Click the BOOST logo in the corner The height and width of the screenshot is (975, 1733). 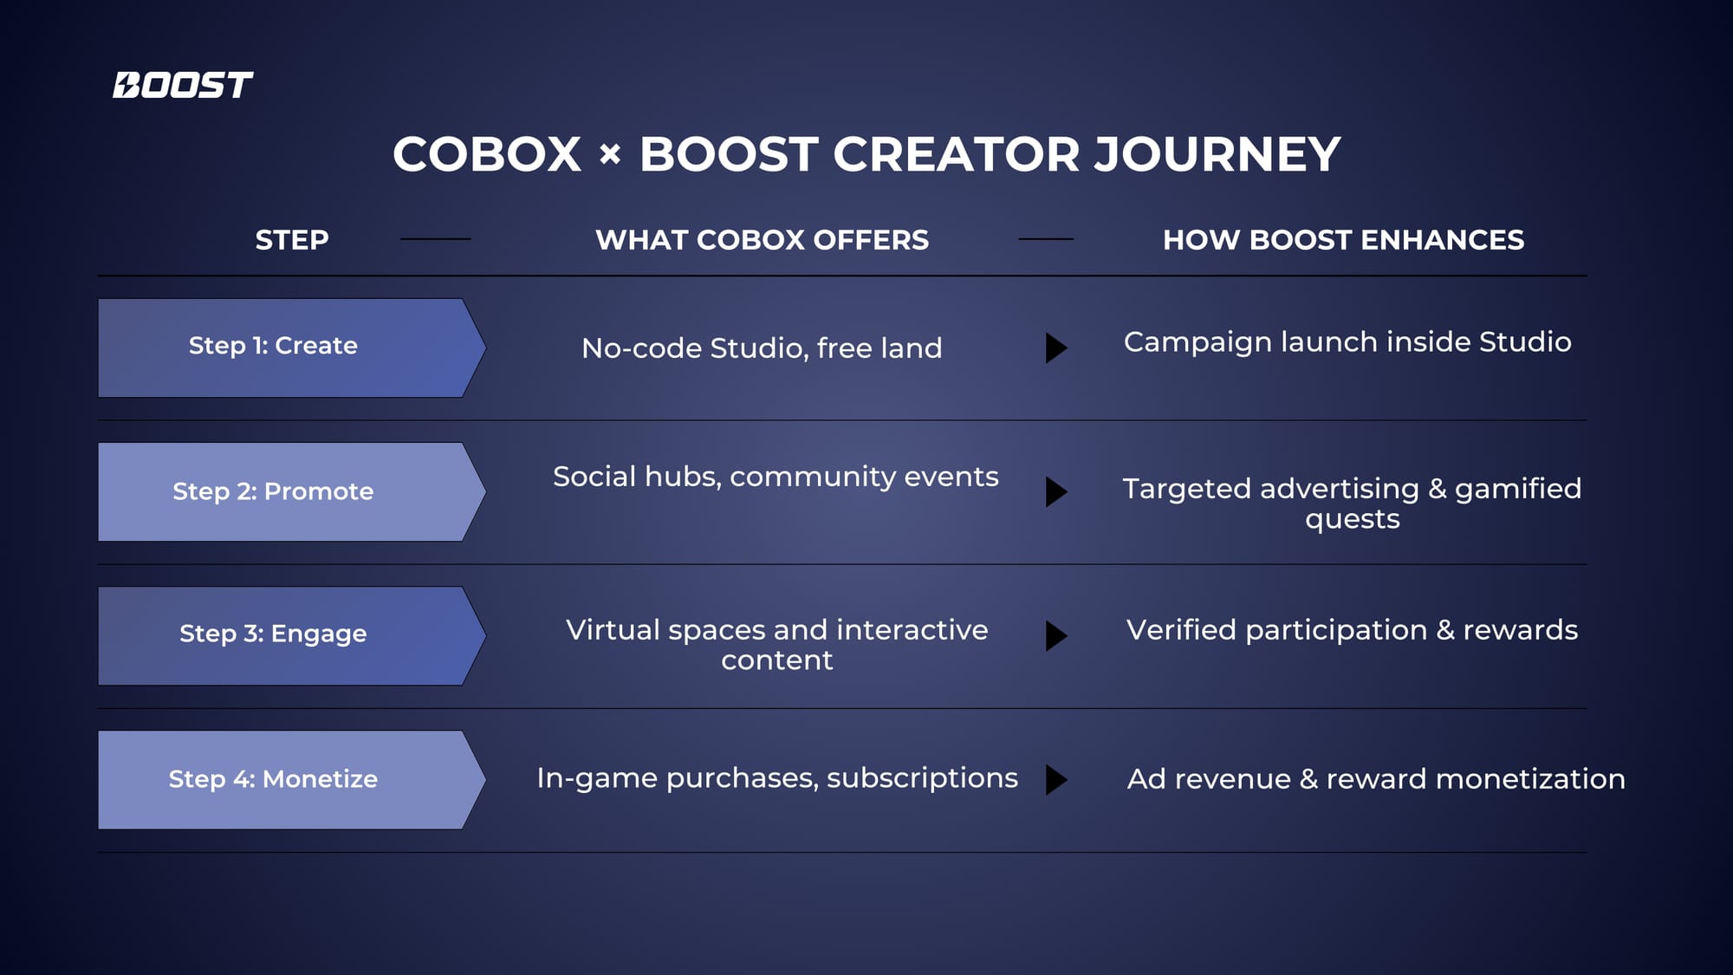[183, 85]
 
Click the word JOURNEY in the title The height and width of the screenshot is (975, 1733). [1217, 154]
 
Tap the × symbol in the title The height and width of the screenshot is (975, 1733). [610, 154]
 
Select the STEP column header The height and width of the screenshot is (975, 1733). [292, 240]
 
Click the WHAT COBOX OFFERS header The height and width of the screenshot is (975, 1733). [762, 240]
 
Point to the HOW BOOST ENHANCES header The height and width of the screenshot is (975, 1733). [1343, 240]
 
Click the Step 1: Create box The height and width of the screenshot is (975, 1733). [292, 348]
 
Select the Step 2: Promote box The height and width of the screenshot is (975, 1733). [292, 492]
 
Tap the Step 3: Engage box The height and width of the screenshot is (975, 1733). [292, 636]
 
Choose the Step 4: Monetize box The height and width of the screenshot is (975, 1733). [292, 780]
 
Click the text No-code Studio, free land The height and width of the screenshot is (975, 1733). [762, 348]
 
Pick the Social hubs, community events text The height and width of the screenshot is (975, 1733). [776, 477]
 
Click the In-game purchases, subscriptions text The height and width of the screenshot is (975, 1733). [777, 778]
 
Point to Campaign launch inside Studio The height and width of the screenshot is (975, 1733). [1347, 342]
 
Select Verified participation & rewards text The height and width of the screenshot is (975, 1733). [1352, 630]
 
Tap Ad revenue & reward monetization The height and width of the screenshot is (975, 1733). [1376, 779]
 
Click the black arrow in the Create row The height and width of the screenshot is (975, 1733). [1056, 348]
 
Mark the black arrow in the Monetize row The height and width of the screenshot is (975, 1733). [1056, 780]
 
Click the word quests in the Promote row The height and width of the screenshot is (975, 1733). [1352, 520]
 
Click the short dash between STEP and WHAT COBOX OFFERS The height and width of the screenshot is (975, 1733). [435, 239]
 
